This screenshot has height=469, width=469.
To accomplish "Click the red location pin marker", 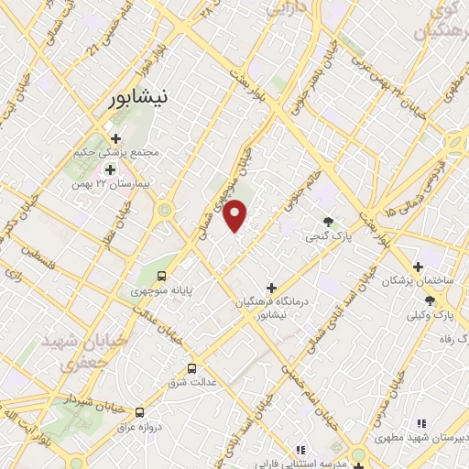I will tap(235, 214).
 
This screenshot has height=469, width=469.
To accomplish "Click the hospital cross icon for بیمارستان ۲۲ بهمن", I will tap(111, 169).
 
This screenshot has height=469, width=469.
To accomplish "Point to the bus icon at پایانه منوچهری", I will tap(162, 275).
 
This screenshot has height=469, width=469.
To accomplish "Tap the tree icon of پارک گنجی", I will tap(328, 221).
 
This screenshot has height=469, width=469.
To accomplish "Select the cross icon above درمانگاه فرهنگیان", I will tap(270, 288).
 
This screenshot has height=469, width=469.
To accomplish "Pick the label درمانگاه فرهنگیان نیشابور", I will tap(271, 308).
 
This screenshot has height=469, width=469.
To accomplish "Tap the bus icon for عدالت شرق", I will tap(191, 368).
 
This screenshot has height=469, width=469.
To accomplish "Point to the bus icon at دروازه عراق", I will tap(139, 413).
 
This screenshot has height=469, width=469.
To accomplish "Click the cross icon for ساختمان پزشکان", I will tap(418, 267).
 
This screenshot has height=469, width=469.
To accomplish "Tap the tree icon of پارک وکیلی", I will tap(430, 301).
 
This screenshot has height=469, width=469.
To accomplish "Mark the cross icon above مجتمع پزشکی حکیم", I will tap(116, 138).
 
